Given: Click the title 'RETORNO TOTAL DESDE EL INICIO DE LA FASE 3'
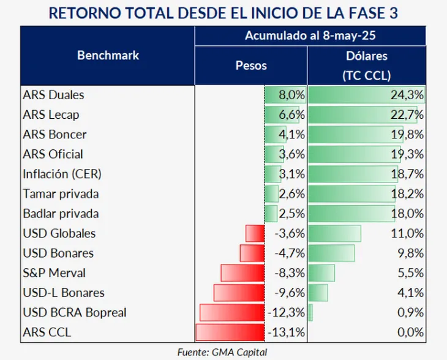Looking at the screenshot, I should point(223,12).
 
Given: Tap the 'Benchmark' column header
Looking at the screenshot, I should point(108,55).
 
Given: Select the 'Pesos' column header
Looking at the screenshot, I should point(251,65).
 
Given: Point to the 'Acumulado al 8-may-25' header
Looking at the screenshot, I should point(310,36).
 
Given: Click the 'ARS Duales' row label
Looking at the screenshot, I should point(53,95).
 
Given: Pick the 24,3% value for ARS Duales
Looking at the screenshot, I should point(410,95).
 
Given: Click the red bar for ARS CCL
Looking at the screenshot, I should point(230,332).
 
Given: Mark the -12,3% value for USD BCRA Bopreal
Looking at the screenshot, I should point(286,312).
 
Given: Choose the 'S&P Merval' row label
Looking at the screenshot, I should point(54,272).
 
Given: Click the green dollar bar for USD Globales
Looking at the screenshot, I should point(335,233).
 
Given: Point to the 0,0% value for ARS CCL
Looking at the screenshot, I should point(410,332).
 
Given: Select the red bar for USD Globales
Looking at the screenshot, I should point(255,233).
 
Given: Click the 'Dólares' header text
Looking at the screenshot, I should point(367,56).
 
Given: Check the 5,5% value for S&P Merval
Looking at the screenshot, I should point(411,272).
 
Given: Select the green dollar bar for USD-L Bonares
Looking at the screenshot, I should point(318,293).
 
